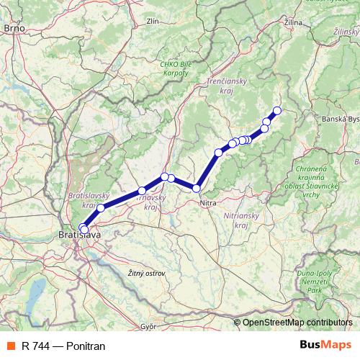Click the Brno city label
pyautogui.click(x=14, y=27)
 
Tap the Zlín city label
pyautogui.click(x=153, y=22)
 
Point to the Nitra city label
pyautogui.click(x=207, y=204)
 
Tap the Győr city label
pyautogui.click(x=149, y=326)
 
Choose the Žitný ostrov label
pyautogui.click(x=145, y=274)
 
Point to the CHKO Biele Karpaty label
pyautogui.click(x=176, y=70)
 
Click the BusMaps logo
pyautogui.click(x=326, y=346)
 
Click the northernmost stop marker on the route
pyautogui.click(x=276, y=110)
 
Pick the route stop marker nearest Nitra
pyautogui.click(x=197, y=189)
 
